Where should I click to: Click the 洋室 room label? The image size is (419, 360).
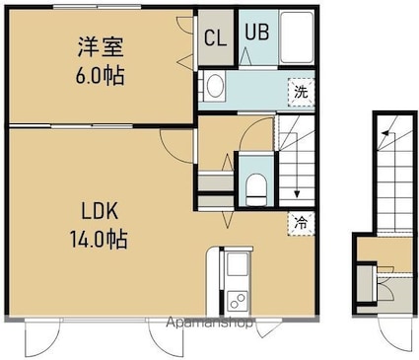tap(101, 46)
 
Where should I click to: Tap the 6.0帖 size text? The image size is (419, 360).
tap(100, 76)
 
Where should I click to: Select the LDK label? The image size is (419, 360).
tap(100, 211)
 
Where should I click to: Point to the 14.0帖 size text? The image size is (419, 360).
tap(99, 239)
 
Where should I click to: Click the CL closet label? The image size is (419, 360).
tap(215, 37)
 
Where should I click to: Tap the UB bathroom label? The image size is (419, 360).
tap(257, 32)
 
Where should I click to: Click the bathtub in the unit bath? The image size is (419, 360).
tap(297, 37)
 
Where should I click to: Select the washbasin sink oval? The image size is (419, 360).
tap(216, 86)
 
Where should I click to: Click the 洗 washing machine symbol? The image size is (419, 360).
tap(301, 93)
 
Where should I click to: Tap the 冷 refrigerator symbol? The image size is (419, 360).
tap(301, 224)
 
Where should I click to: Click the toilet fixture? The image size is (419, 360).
tap(256, 189)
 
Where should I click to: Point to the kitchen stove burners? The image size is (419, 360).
tap(238, 301)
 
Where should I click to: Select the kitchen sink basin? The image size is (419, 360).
tap(238, 264)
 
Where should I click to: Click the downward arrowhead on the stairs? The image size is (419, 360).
tap(297, 194)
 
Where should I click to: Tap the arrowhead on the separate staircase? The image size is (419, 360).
tap(384, 133)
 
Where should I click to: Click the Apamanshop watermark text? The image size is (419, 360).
tap(209, 323)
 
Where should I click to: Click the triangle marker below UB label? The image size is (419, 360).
tap(245, 56)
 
